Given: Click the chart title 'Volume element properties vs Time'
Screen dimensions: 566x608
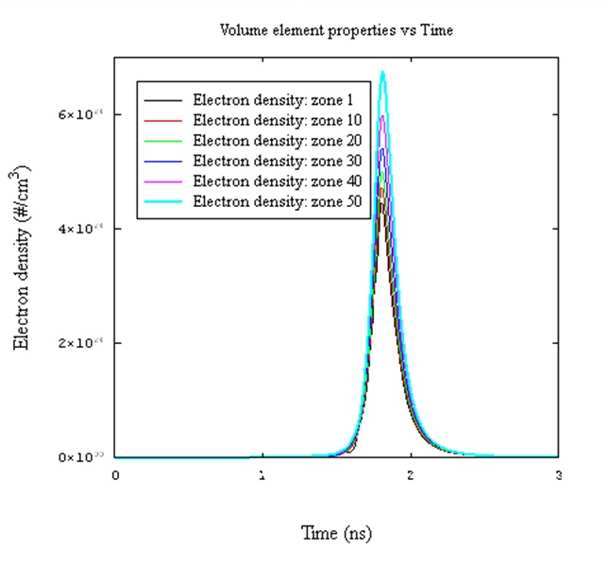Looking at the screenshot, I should (336, 30).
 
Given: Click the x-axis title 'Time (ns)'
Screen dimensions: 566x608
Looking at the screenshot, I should (336, 533).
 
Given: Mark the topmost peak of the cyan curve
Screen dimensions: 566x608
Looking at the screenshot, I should (383, 72).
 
